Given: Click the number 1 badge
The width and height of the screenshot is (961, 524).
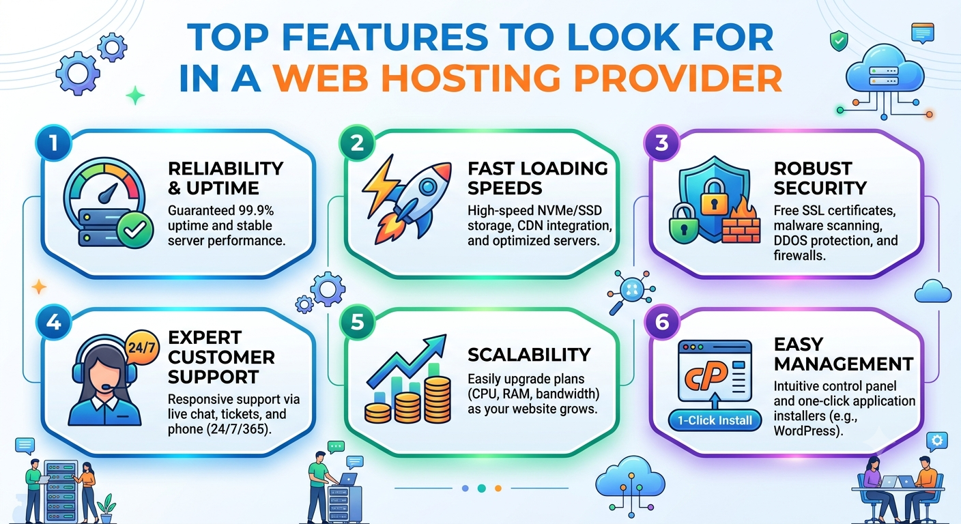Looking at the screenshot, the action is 54,143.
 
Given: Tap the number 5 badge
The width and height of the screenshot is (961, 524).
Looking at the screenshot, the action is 357,322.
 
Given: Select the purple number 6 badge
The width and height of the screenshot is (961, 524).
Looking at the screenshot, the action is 662,322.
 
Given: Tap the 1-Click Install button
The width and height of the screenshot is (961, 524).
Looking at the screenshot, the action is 715,420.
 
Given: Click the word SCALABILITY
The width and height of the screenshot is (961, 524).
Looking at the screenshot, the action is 530,355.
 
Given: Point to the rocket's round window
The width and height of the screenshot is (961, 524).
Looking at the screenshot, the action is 427,186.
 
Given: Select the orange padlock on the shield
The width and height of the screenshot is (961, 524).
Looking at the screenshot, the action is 715,197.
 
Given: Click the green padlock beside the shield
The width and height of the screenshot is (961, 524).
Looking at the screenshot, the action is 683,223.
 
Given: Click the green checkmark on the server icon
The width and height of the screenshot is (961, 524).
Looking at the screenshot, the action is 134,230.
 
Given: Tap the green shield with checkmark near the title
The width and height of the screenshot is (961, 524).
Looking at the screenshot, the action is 839,41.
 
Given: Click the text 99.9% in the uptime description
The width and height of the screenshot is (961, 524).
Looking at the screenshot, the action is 257,211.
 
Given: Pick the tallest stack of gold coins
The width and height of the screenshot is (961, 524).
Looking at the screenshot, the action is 438,398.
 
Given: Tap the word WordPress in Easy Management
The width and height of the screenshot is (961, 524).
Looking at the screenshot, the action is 807,431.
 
